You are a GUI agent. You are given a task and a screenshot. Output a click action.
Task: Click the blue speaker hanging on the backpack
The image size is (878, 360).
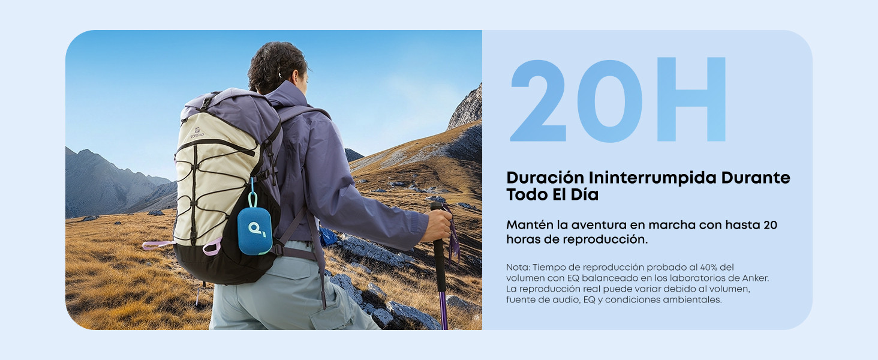(x=255, y=231)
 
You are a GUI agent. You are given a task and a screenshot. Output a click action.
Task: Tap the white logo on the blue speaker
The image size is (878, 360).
(x=257, y=229)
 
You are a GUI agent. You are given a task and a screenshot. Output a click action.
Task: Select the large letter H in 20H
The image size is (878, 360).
(x=691, y=99)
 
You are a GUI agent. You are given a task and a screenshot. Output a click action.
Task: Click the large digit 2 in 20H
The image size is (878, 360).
(x=538, y=100)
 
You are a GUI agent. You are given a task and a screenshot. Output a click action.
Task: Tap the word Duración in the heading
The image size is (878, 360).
(x=545, y=178)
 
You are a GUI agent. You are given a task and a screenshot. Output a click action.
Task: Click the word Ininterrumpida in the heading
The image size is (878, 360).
(x=653, y=178)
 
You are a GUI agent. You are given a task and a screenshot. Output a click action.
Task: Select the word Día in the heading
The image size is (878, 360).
(x=584, y=194)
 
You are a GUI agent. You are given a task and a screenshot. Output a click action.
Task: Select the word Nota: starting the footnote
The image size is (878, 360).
(x=518, y=268)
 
